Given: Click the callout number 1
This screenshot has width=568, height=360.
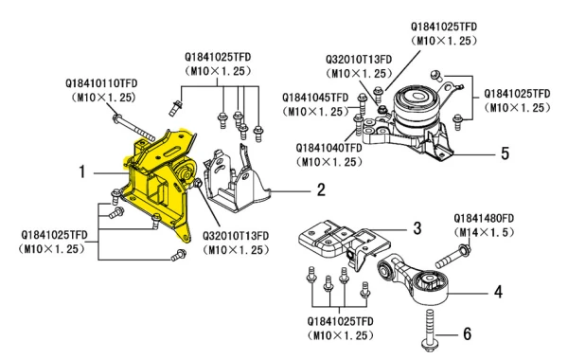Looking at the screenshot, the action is pyautogui.click(x=82, y=171).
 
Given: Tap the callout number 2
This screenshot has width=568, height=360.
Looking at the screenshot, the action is pyautogui.click(x=321, y=189).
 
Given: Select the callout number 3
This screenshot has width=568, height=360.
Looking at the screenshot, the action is pyautogui.click(x=417, y=228).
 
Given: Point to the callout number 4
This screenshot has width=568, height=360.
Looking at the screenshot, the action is pyautogui.click(x=499, y=292).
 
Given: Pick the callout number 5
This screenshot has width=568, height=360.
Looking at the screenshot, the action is pyautogui.click(x=505, y=153).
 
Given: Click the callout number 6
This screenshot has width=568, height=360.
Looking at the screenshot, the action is pyautogui.click(x=468, y=333).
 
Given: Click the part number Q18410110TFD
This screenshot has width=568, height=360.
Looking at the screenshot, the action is pyautogui.click(x=101, y=83).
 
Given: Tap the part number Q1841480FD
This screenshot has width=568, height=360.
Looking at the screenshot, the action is pyautogui.click(x=484, y=218).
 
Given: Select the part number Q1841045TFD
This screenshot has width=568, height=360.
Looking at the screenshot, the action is pyautogui.click(x=315, y=98).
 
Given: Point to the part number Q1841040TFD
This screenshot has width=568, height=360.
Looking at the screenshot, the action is pyautogui.click(x=328, y=148).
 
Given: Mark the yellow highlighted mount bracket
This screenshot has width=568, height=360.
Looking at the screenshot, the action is pyautogui.click(x=159, y=181).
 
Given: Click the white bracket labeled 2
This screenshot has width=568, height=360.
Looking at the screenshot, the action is pyautogui.click(x=238, y=179).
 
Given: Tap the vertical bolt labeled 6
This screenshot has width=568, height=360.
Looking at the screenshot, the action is pyautogui.click(x=429, y=330).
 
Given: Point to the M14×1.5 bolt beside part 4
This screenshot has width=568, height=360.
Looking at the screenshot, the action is pyautogui.click(x=453, y=256).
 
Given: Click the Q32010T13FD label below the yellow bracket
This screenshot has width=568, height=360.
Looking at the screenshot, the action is pyautogui.click(x=236, y=236).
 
